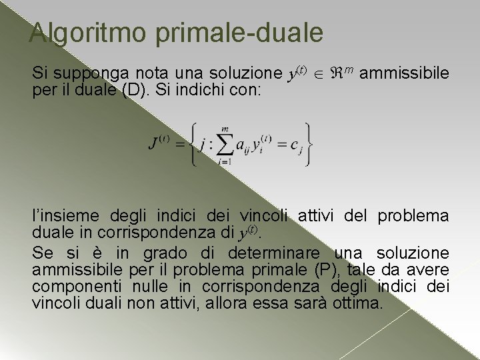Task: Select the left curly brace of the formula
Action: [193, 143]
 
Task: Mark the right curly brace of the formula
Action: [308, 143]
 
